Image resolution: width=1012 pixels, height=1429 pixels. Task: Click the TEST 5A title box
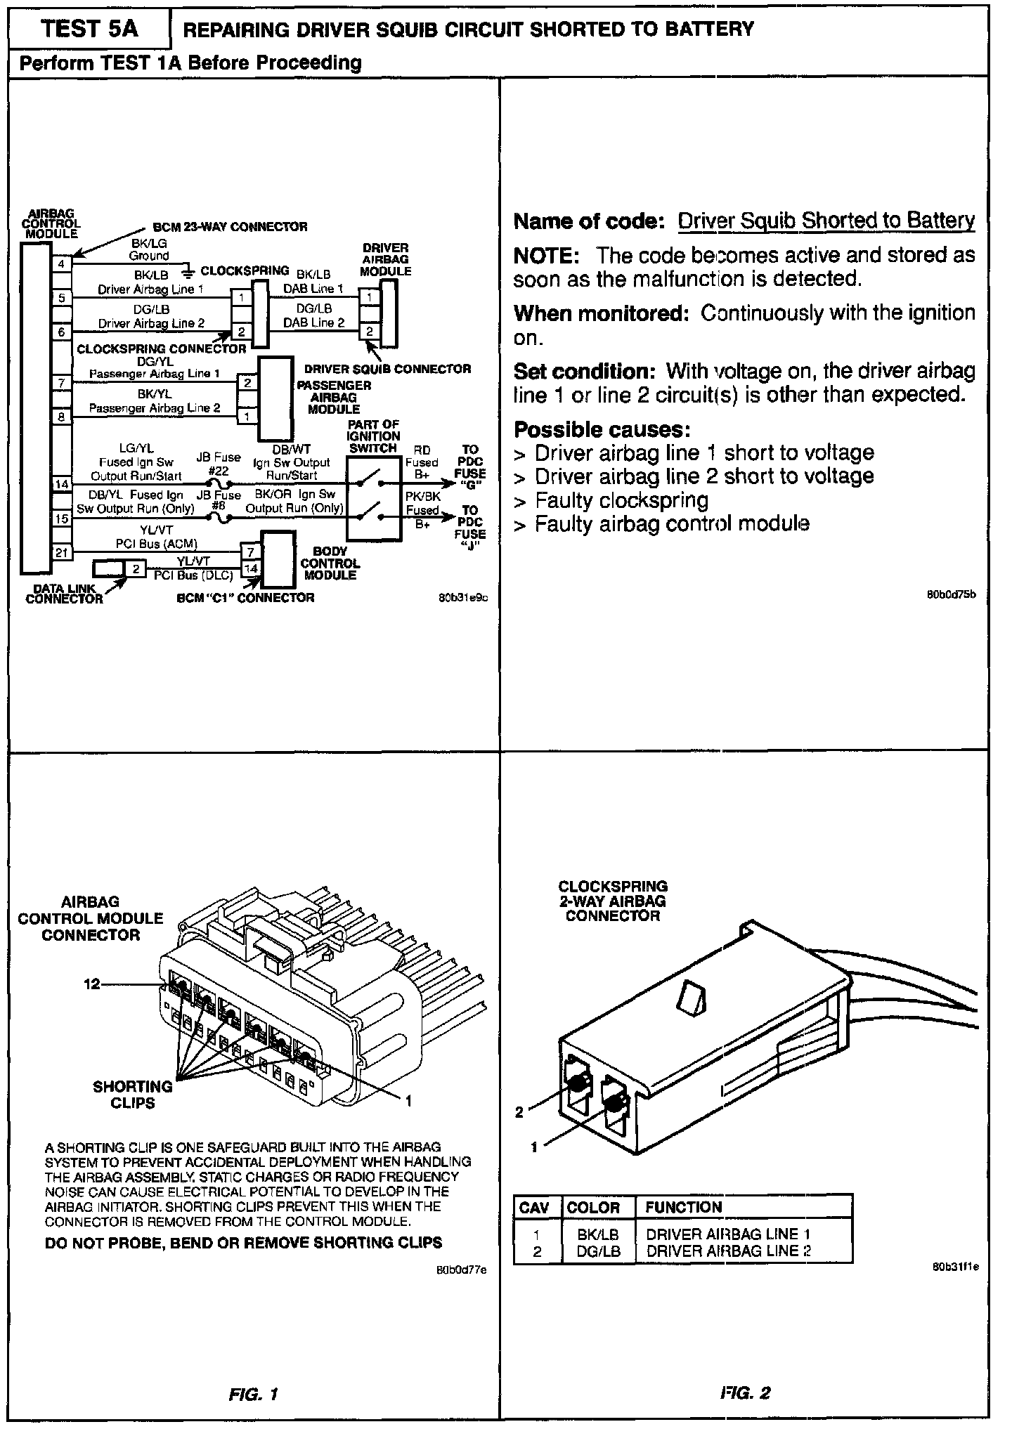coord(89,30)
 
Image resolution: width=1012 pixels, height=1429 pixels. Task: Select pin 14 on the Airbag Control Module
coord(62,484)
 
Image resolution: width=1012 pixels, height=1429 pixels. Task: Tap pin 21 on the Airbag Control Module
coord(62,552)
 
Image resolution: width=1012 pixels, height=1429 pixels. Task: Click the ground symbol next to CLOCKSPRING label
coord(188,271)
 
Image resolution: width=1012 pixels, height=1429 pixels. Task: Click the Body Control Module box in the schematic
coord(277,559)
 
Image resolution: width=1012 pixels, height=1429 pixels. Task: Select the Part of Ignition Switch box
coord(374,499)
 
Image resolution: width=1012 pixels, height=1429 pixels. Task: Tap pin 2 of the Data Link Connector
coord(136,568)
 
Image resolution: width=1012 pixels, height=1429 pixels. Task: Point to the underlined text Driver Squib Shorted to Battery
coord(826,221)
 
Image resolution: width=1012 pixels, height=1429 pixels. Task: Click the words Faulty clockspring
coord(621,500)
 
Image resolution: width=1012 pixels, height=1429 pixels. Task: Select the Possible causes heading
coord(602,429)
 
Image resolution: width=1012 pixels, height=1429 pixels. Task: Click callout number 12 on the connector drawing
coord(93,984)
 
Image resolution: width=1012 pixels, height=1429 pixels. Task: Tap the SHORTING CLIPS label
coord(133,1094)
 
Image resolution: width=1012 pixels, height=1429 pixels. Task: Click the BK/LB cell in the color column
coord(597,1234)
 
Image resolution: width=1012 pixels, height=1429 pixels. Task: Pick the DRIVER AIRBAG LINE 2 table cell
coord(729,1251)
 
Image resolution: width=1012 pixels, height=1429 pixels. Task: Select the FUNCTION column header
coord(683,1208)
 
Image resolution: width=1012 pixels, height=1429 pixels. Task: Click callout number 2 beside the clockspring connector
coord(519,1112)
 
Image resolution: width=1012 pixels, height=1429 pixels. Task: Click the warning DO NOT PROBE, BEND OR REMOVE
coord(243,1242)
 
